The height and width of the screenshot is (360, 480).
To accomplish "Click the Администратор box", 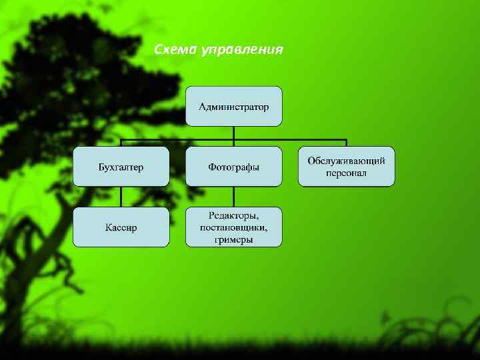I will click(x=233, y=106).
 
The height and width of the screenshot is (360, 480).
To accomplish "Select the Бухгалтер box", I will click(x=121, y=166).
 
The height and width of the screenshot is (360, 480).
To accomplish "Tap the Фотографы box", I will click(x=233, y=166).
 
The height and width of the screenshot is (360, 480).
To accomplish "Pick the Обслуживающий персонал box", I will click(x=346, y=166).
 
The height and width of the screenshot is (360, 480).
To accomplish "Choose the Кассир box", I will click(x=121, y=227).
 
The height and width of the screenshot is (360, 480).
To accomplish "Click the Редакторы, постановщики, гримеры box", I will click(x=233, y=227).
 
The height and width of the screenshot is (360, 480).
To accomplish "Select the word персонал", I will click(x=346, y=173).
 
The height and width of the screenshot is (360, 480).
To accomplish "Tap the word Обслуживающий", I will click(x=346, y=160).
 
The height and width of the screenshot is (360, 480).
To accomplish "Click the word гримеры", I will click(x=233, y=239).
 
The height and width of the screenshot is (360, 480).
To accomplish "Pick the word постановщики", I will click(x=233, y=227).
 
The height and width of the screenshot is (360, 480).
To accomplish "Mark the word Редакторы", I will click(x=233, y=215).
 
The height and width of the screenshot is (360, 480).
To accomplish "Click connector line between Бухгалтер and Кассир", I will click(x=121, y=196).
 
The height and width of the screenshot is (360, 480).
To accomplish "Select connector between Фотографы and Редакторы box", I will click(x=233, y=196).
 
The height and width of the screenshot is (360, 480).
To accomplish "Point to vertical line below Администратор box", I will click(x=233, y=133).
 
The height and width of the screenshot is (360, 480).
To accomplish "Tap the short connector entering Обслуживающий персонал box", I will click(x=346, y=143).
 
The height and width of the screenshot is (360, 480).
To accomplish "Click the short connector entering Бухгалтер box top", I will click(x=121, y=143).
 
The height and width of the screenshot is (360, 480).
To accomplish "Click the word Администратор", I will click(x=233, y=107).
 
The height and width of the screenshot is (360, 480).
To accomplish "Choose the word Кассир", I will click(x=121, y=227).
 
